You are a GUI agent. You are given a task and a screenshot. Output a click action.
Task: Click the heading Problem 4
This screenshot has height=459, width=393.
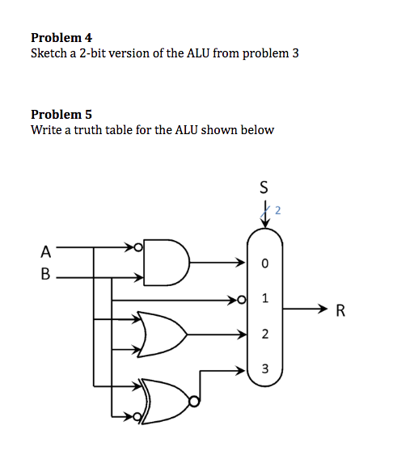(x=61, y=37)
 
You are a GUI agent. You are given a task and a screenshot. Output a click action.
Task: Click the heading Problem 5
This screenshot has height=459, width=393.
(x=61, y=114)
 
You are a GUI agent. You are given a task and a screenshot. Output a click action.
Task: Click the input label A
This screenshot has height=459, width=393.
(x=46, y=250)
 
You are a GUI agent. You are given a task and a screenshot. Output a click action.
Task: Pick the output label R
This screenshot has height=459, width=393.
(x=340, y=309)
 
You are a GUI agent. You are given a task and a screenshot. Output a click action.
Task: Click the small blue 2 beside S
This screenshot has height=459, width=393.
(x=277, y=212)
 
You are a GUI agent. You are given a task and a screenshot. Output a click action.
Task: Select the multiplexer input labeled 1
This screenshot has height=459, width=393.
(x=264, y=298)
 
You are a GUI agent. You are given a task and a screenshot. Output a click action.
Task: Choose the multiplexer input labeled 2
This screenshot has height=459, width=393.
(x=264, y=334)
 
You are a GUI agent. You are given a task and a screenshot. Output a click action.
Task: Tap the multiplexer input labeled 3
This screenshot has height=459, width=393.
(x=264, y=369)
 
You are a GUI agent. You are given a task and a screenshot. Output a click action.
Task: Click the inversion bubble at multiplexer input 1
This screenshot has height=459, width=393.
(x=239, y=300)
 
